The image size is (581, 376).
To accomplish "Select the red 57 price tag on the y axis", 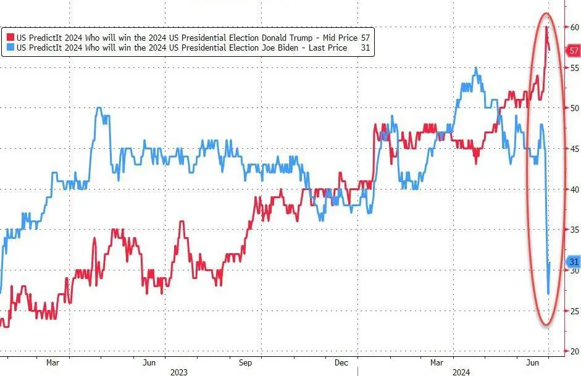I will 574,51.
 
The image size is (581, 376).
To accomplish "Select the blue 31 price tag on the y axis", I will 574,261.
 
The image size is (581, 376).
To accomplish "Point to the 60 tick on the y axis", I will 574,27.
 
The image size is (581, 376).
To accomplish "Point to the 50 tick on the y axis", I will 574,108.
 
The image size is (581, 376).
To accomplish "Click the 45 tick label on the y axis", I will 574,149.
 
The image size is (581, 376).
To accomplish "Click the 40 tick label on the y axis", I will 574,190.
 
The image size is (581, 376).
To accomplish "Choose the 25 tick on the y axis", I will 574,311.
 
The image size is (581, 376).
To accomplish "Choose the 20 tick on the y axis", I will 574,351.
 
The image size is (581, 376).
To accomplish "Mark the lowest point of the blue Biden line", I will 548,294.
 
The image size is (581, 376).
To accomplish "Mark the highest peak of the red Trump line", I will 546,27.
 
